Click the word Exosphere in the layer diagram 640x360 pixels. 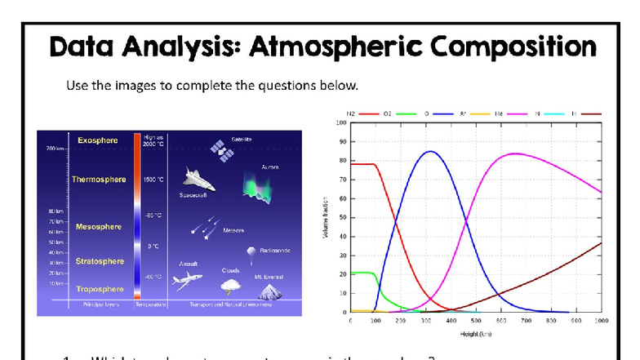click(96, 140)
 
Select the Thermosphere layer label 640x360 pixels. click(99, 179)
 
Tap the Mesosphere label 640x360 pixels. click(98, 226)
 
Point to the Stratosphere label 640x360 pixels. click(100, 261)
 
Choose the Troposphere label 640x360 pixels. click(100, 289)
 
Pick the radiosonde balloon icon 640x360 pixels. click(251, 254)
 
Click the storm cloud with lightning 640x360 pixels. click(230, 286)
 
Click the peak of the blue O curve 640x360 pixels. click(431, 151)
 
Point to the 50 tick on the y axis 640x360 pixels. click(340, 218)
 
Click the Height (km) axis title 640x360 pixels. click(477, 334)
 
